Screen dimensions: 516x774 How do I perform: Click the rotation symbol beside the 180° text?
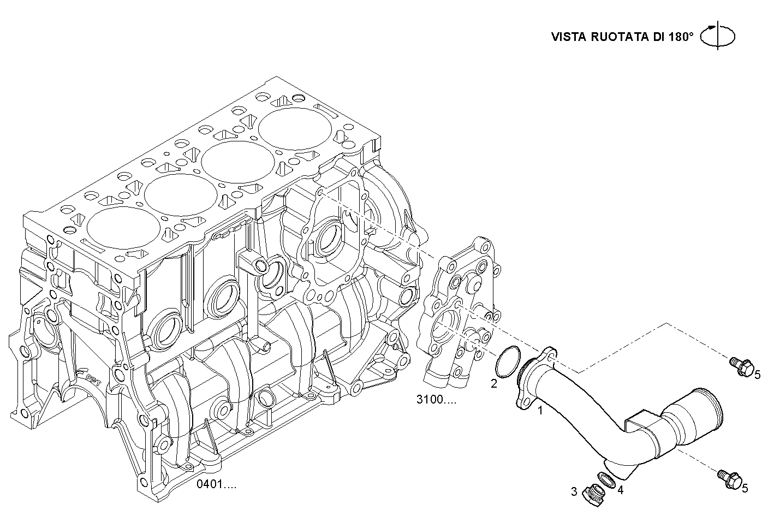coord(718,36)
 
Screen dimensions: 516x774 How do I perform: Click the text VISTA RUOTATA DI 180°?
coord(622,37)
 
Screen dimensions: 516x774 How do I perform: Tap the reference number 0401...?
coord(217,484)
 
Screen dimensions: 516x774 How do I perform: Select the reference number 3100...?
coord(436,399)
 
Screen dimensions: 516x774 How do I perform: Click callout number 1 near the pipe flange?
coord(540,410)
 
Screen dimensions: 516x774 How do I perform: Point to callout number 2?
coord(493,384)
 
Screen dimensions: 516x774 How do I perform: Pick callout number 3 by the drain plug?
coord(574,491)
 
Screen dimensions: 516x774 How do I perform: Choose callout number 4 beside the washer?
coord(620,490)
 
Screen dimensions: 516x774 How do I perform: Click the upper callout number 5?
coord(758,374)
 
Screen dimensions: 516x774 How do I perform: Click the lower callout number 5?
coord(745,489)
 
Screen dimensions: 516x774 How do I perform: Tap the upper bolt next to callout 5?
coord(741,365)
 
